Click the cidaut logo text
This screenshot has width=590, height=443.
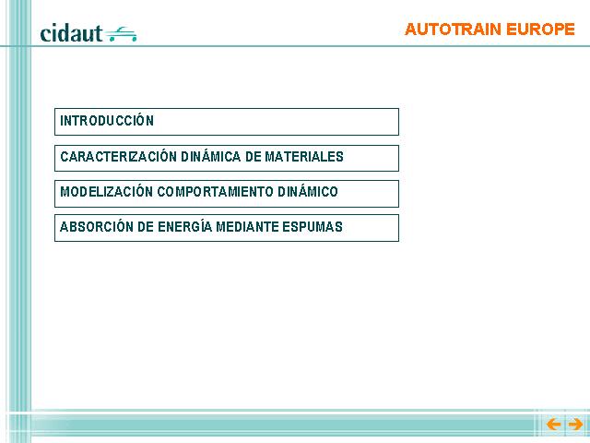[71, 33]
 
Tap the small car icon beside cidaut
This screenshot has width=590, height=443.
[121, 34]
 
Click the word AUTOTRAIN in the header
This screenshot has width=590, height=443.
[453, 30]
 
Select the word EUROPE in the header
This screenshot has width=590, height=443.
[540, 30]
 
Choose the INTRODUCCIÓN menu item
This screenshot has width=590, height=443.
[107, 121]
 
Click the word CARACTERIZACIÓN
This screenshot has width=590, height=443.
[119, 156]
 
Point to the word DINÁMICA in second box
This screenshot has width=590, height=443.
[211, 156]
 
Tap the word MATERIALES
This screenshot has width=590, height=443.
[304, 156]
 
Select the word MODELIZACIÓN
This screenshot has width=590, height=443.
[107, 191]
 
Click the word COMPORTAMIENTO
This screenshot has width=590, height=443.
[215, 192]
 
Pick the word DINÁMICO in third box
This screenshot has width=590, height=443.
[308, 191]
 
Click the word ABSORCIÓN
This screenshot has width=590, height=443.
[97, 227]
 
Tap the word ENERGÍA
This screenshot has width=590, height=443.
[184, 227]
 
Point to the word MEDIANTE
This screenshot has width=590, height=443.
[248, 227]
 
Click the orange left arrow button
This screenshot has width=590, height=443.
[553, 425]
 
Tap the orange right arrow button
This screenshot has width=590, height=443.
[575, 425]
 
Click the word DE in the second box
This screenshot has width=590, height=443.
[254, 156]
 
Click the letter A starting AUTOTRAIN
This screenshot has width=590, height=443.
[411, 30]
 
